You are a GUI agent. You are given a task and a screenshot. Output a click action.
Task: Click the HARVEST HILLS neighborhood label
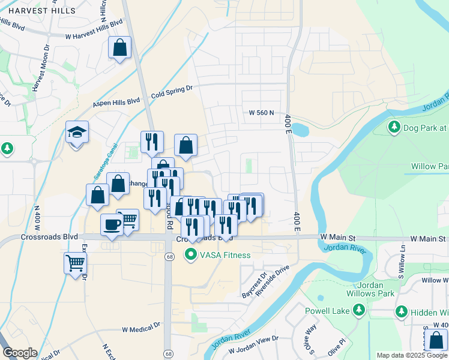[x=38, y=11]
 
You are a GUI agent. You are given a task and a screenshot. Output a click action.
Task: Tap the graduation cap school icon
[x=77, y=132]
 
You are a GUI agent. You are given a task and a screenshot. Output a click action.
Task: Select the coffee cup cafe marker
[x=112, y=225]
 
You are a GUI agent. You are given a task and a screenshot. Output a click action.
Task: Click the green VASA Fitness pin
[x=191, y=255]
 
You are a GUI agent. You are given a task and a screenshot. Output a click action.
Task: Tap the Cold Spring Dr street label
[x=171, y=91]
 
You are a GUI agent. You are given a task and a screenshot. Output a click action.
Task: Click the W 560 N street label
[x=261, y=112]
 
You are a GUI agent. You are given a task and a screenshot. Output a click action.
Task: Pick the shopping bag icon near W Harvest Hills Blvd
[x=120, y=48]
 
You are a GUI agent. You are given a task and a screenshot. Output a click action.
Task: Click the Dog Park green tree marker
[x=394, y=127]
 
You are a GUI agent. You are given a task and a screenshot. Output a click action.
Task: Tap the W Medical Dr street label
[x=142, y=329]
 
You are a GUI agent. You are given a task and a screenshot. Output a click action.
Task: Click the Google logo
[x=20, y=353]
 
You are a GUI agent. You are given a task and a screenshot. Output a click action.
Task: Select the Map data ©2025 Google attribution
[x=412, y=355]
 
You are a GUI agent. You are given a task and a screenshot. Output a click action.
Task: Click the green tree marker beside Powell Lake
[x=359, y=310]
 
